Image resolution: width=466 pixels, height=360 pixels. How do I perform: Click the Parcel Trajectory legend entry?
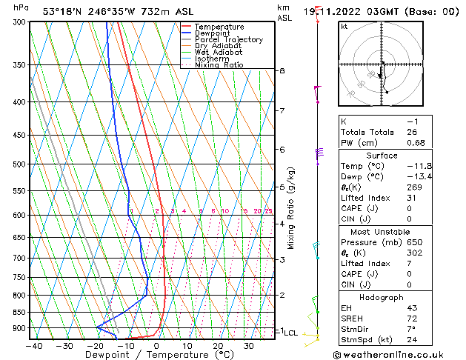click(228, 39)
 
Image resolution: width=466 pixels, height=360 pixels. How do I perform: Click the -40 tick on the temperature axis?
click(34, 346)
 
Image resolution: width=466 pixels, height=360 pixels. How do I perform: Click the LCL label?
click(290, 333)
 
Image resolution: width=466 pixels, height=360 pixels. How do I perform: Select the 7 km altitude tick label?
click(282, 111)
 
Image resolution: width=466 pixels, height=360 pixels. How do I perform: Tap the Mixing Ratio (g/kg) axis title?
click(291, 207)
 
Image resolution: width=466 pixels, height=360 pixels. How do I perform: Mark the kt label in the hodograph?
click(344, 26)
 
